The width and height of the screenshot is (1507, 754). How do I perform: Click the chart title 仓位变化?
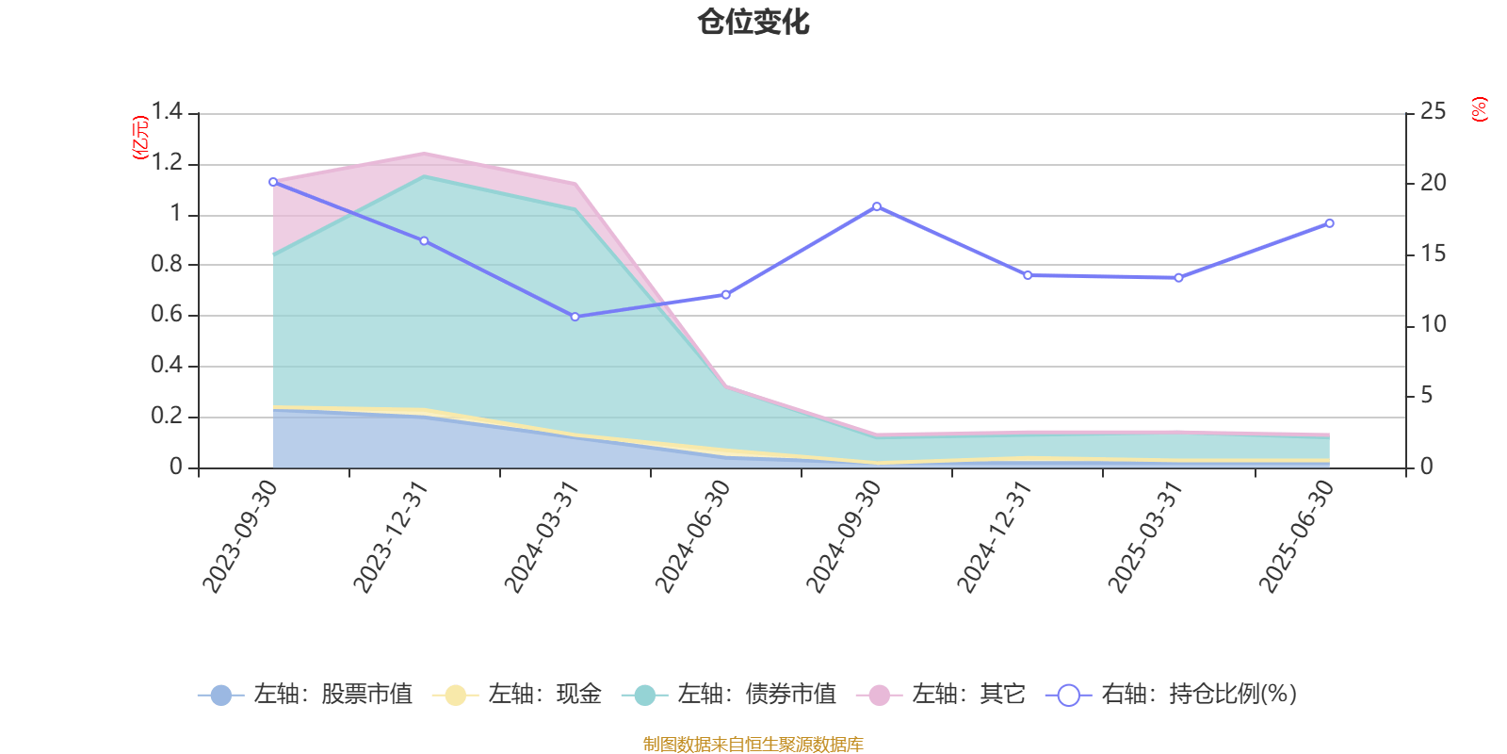tap(753, 22)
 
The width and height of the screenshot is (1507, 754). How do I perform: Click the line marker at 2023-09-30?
tap(273, 182)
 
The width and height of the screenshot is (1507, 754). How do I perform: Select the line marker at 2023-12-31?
tap(424, 241)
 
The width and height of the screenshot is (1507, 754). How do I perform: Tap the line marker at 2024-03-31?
tap(575, 317)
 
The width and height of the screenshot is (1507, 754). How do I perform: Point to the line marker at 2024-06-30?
tap(725, 295)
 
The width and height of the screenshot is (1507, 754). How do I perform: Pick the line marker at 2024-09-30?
tap(877, 206)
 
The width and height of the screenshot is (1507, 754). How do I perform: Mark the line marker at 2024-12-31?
tap(1028, 275)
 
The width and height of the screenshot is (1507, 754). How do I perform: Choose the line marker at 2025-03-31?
tap(1178, 278)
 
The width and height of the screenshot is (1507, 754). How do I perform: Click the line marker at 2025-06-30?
tap(1330, 223)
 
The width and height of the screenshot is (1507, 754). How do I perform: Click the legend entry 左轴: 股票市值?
tap(306, 696)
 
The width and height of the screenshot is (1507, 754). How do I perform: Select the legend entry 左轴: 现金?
tap(518, 696)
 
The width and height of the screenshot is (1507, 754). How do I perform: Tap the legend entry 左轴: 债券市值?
tap(730, 696)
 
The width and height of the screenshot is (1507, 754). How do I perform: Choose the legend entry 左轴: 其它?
tap(942, 696)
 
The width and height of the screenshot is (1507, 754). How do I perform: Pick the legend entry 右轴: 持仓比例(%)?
tap(1173, 696)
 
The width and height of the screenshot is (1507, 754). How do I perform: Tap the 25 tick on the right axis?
tap(1433, 112)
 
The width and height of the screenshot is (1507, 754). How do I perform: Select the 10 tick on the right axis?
tap(1433, 324)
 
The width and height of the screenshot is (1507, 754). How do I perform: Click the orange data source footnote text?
tap(753, 745)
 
